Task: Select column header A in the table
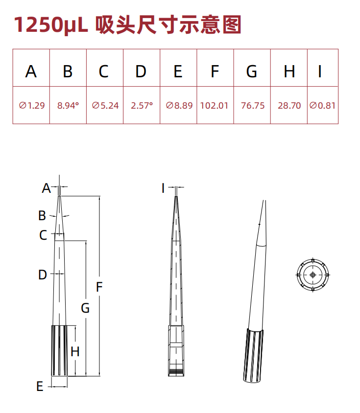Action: point(31,71)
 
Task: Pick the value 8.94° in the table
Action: point(68,105)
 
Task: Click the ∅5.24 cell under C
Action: point(105,105)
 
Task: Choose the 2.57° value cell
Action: point(142,105)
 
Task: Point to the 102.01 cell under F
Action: point(215,105)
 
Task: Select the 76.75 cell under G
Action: point(252,105)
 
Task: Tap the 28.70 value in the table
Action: point(289,105)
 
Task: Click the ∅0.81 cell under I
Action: point(323,105)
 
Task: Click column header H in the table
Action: point(289,71)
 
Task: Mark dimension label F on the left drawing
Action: point(99,287)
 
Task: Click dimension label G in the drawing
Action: point(85,308)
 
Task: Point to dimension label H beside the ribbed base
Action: point(75,351)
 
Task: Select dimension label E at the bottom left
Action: point(40,387)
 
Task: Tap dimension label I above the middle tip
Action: point(164,188)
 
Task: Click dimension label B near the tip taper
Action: point(43,215)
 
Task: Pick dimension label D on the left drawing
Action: point(43,275)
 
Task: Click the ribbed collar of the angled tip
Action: point(253,356)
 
